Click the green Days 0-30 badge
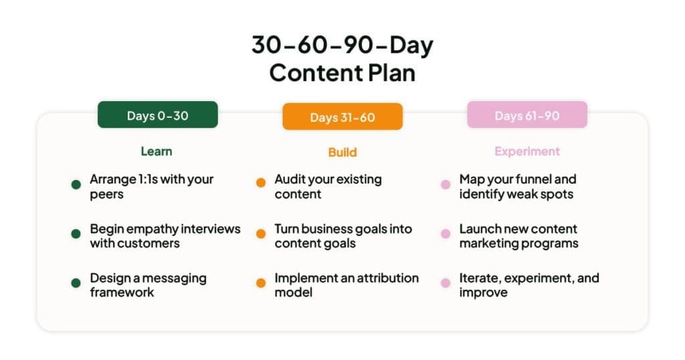[x=157, y=115]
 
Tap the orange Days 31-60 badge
[x=342, y=117]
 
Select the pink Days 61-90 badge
[x=526, y=115]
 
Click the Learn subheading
[x=157, y=151]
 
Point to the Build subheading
[x=342, y=153]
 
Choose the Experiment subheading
[x=526, y=151]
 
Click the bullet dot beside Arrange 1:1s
[x=76, y=184]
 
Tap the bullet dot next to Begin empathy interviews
[x=76, y=234]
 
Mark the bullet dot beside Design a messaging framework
[x=76, y=283]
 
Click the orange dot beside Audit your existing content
[x=261, y=183]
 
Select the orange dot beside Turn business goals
[x=261, y=234]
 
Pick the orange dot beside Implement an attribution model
[x=261, y=283]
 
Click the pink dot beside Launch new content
[x=446, y=234]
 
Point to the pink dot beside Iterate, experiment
[x=446, y=283]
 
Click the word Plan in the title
[x=390, y=72]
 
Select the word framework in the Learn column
[x=122, y=292]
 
